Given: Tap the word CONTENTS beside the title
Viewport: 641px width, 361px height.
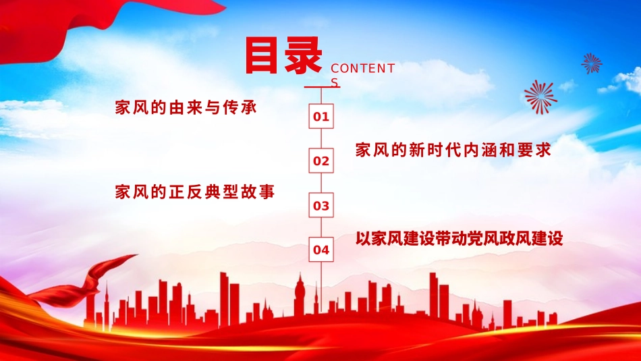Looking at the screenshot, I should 362,69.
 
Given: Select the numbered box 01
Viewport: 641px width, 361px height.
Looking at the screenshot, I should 321,117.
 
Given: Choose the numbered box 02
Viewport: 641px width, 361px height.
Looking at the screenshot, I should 321,161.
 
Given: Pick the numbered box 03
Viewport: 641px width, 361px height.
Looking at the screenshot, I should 321,206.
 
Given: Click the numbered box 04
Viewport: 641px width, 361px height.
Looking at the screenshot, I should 321,250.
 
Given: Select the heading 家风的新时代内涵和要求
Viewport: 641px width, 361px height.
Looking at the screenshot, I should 453,150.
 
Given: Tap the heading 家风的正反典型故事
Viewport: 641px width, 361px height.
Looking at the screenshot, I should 195,192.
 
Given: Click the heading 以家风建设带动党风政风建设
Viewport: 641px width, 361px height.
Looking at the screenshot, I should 459,238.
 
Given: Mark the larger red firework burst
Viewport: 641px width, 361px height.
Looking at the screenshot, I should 540,96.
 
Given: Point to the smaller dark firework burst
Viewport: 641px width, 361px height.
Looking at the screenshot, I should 592,63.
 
